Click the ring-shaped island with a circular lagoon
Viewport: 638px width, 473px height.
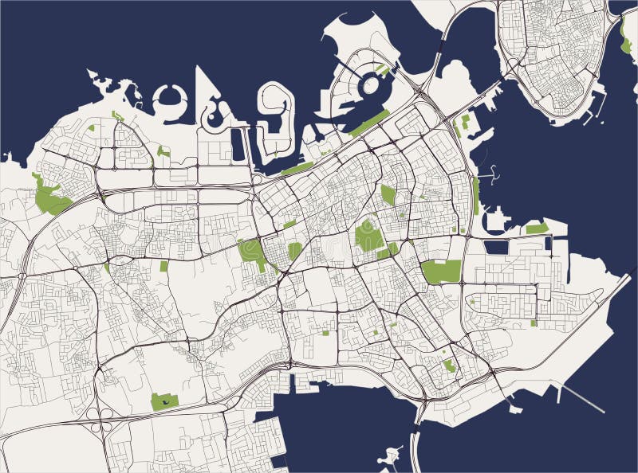[x=169, y=99]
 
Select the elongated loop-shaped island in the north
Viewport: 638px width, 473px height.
[x=274, y=119]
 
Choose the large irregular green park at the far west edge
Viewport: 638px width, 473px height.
[x=51, y=197]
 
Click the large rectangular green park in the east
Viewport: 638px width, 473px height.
[x=442, y=272]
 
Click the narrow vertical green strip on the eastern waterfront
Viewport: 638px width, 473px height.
[x=476, y=196]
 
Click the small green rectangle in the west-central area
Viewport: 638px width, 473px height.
[x=164, y=267]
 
